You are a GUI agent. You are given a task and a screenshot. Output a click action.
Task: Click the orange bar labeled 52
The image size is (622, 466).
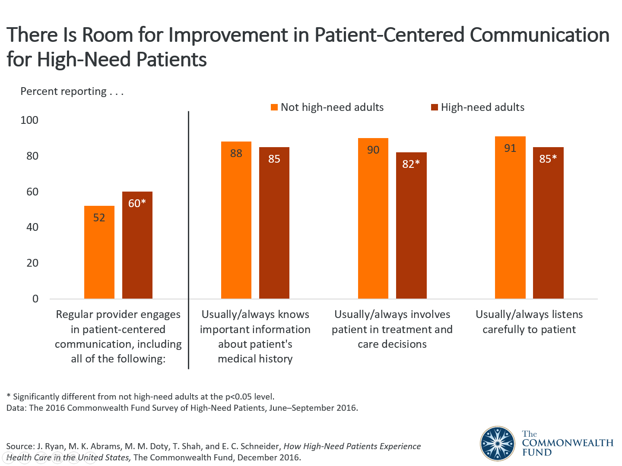coord(99,252)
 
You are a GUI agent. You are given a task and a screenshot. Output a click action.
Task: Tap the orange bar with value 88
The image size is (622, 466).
coord(236,220)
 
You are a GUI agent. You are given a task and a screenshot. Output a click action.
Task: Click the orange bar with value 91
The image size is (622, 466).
coord(510,217)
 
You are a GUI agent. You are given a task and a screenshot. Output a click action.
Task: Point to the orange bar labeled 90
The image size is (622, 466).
coord(373,218)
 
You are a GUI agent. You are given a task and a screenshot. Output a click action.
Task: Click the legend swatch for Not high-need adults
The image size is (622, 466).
coord(274,107)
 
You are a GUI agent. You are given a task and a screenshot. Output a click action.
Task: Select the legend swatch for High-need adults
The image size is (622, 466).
coord(435,107)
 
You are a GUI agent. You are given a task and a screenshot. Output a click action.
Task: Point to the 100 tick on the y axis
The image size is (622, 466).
coord(29,120)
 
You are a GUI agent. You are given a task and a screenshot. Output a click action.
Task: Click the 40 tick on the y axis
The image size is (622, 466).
coord(32,227)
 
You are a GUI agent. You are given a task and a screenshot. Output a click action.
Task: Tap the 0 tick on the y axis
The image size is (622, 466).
coord(35,299)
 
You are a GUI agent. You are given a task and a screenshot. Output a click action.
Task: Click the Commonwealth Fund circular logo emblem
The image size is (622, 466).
coord(498,443)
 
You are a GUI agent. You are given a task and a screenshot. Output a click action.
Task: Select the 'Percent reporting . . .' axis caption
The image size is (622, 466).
coord(72,91)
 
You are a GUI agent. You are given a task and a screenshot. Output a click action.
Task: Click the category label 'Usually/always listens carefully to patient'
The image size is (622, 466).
coord(529,322)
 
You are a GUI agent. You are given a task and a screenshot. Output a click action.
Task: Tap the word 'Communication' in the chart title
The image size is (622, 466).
coord(539,35)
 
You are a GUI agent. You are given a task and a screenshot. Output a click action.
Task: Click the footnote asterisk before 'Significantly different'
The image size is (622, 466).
coord(9,396)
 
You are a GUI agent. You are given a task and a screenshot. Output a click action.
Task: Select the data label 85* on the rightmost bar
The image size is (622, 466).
coord(548,159)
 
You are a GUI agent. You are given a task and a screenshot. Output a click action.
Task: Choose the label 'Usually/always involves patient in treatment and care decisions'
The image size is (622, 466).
coord(392,329)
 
